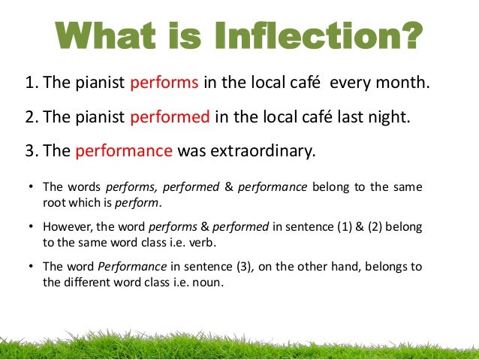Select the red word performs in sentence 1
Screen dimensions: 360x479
(x=164, y=83)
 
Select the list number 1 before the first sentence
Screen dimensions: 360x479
(x=30, y=83)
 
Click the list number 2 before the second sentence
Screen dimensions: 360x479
(x=30, y=117)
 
